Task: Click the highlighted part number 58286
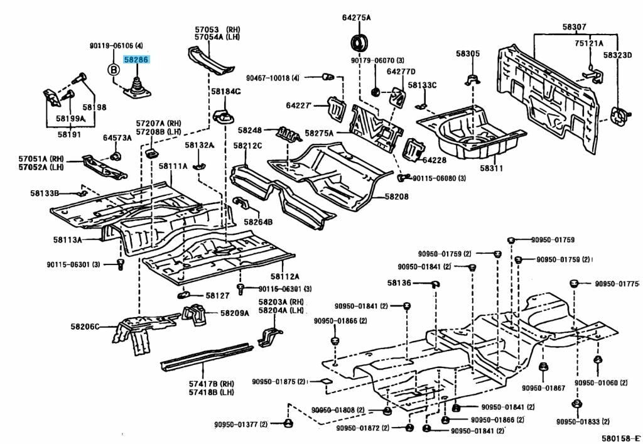pyautogui.click(x=136, y=60)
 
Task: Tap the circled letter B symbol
pyautogui.click(x=114, y=70)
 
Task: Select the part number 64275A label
pyautogui.click(x=356, y=18)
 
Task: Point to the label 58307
pyautogui.click(x=574, y=27)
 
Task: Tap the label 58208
pyautogui.click(x=396, y=197)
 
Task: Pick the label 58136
pyautogui.click(x=399, y=283)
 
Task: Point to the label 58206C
pyautogui.click(x=85, y=327)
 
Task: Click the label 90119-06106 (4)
pyautogui.click(x=116, y=46)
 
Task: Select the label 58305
pyautogui.click(x=468, y=54)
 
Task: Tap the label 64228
pyautogui.click(x=443, y=160)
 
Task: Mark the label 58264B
pyautogui.click(x=258, y=222)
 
